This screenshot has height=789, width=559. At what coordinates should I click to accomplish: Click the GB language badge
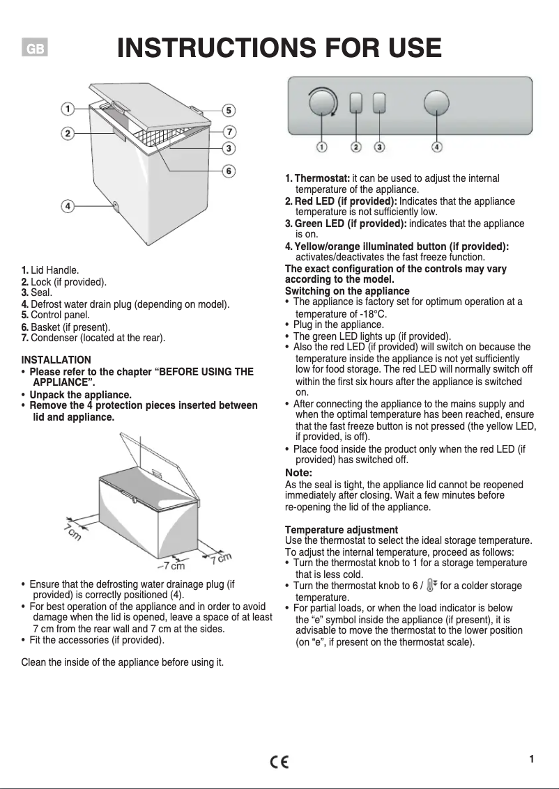tap(35, 49)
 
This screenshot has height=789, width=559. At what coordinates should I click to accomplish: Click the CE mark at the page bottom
tap(279, 762)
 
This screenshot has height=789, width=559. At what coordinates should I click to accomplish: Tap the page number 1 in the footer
tap(531, 759)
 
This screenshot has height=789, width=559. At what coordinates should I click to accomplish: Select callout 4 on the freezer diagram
tap(67, 206)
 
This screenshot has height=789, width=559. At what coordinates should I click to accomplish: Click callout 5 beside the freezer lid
tap(229, 110)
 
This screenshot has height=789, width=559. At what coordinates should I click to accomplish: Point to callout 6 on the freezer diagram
tap(228, 171)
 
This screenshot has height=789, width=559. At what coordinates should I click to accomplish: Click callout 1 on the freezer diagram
tap(67, 109)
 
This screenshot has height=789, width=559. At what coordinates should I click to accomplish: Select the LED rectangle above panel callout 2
tap(355, 103)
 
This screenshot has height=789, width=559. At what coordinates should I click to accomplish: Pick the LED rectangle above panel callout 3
tap(379, 103)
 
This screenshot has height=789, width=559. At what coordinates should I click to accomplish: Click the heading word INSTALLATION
tap(56, 360)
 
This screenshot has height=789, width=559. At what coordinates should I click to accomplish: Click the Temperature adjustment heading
tap(342, 530)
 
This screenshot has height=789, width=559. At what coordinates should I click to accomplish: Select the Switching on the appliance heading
tap(347, 290)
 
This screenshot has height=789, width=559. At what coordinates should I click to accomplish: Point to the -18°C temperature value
tap(374, 313)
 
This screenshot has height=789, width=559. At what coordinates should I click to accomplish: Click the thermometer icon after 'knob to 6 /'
tap(431, 585)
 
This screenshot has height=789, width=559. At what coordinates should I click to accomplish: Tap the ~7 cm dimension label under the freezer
tap(170, 565)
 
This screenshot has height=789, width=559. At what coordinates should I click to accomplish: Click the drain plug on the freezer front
tap(115, 206)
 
